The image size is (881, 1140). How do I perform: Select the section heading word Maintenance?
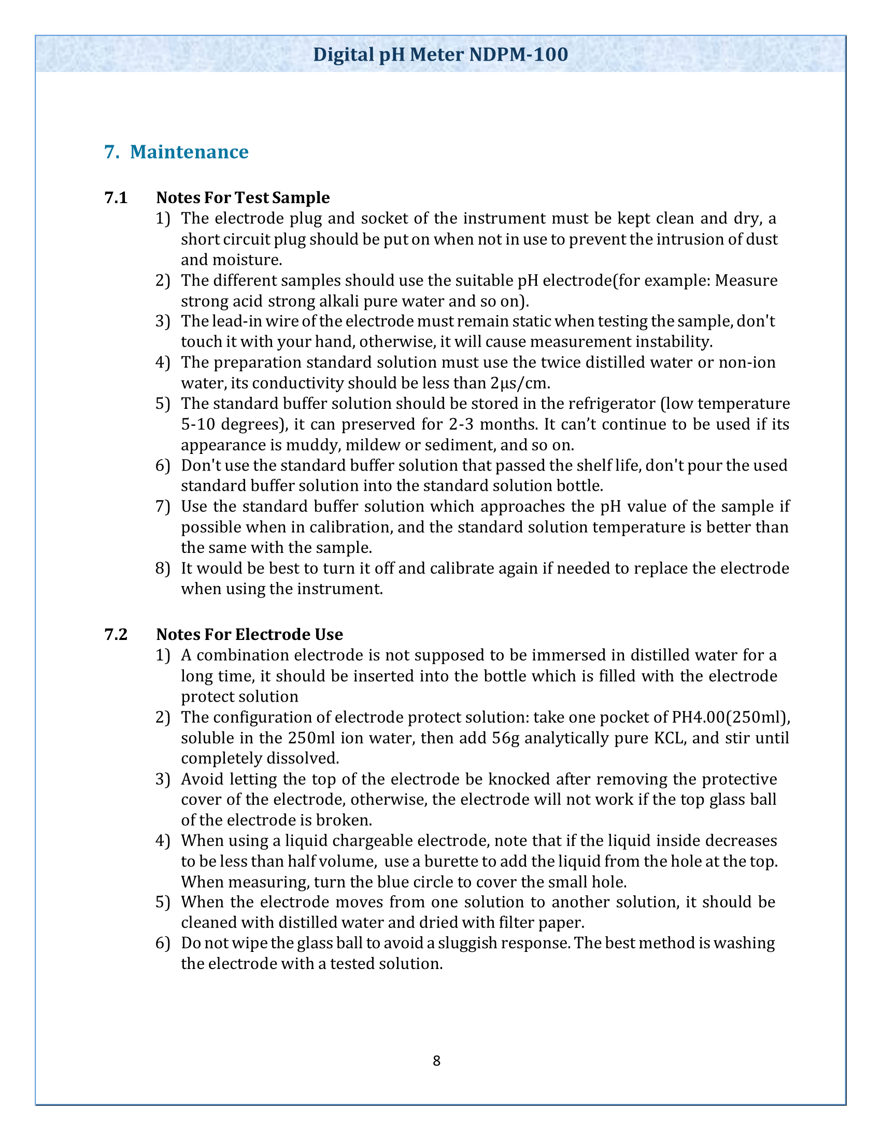pos(189,152)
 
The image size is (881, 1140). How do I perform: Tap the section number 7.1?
pos(116,198)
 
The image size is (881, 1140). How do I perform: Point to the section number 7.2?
pos(116,634)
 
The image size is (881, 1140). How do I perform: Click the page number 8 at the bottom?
pos(436,1061)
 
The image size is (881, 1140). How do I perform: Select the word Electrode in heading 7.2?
pos(267,634)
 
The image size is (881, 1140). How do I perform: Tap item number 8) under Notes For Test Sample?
pos(163,568)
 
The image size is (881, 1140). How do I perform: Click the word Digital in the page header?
pos(344,55)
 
